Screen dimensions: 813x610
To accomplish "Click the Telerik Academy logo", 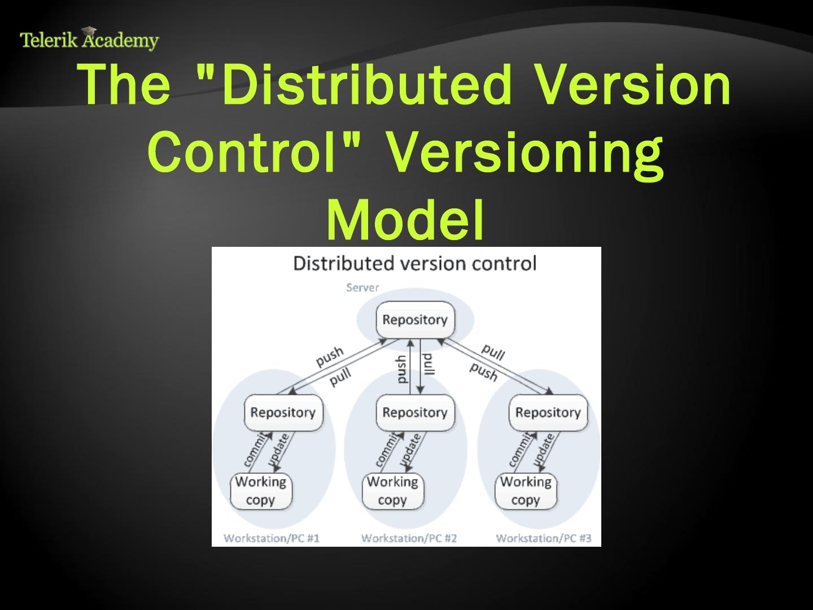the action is coord(89,39).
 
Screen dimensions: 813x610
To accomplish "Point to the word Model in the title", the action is coord(405,220).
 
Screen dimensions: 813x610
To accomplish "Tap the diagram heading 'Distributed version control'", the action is coord(414,264).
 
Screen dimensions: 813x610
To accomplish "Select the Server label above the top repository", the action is coord(362,287).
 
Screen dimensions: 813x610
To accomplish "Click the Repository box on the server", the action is coord(414,320).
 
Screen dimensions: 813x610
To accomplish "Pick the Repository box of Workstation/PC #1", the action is coord(282,412).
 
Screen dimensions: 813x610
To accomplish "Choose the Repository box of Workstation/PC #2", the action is coord(414,412).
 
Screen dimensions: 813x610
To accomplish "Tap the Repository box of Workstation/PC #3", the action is coord(548,412).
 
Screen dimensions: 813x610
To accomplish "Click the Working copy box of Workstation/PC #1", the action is coord(261,491).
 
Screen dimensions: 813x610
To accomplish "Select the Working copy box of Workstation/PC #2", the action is coord(392,491).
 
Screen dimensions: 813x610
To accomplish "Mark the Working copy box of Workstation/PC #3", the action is coord(526,491).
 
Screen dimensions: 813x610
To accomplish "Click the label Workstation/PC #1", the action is coord(272,538).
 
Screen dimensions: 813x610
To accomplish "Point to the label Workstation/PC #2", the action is coord(409,538).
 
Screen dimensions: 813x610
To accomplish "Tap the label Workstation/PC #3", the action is coord(544,538).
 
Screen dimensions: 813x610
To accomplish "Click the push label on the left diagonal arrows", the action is coord(329,356).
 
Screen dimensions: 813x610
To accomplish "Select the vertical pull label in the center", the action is coord(429,364).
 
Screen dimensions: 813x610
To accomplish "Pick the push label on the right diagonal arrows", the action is coord(484,372).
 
